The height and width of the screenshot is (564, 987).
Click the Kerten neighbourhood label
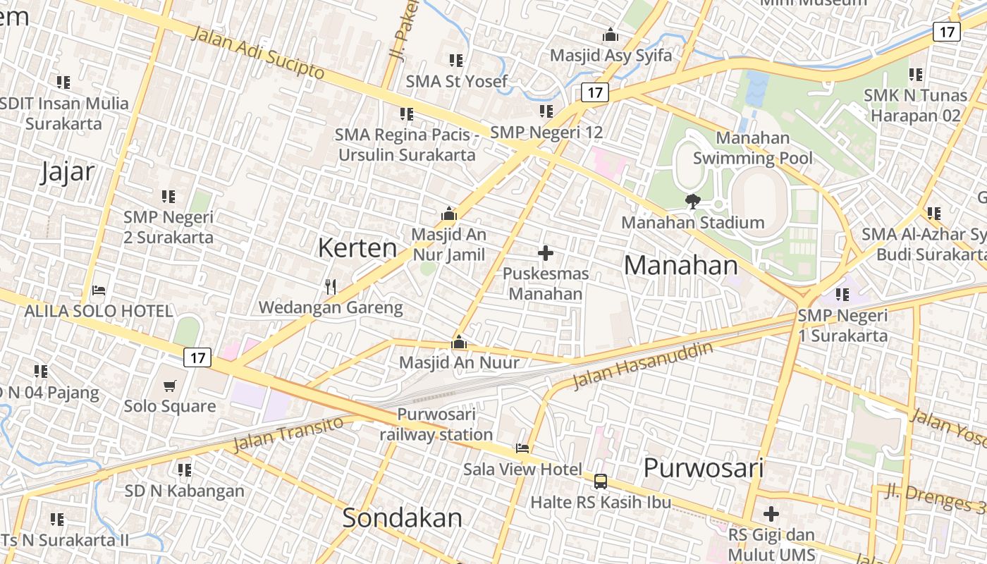[x=357, y=247]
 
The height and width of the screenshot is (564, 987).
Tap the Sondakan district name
[x=402, y=517]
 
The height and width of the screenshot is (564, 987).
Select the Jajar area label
[x=67, y=171]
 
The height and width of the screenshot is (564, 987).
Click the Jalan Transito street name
[x=288, y=434]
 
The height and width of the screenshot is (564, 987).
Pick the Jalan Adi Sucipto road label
[x=257, y=53]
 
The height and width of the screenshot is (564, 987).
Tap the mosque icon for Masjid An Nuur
[x=459, y=343]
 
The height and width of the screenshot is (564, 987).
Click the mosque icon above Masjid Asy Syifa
[x=611, y=35]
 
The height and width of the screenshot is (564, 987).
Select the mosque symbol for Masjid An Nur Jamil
[x=449, y=214]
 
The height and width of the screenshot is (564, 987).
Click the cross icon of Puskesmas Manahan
[x=545, y=253]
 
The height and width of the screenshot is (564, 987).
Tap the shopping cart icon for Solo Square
[x=170, y=386]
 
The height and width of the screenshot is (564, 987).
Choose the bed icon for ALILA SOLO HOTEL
[x=99, y=290]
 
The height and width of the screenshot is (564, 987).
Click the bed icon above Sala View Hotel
[x=522, y=448]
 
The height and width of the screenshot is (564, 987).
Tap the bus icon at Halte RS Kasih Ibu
[x=601, y=482]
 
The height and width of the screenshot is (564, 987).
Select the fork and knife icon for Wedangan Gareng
[x=330, y=286]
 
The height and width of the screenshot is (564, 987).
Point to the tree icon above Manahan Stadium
[x=692, y=202]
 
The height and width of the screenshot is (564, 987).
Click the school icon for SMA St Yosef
[x=455, y=61]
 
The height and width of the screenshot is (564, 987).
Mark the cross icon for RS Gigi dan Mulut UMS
[x=771, y=514]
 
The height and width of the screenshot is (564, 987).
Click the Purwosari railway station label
[x=436, y=424]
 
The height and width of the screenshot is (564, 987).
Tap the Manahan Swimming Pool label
[x=753, y=148]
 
